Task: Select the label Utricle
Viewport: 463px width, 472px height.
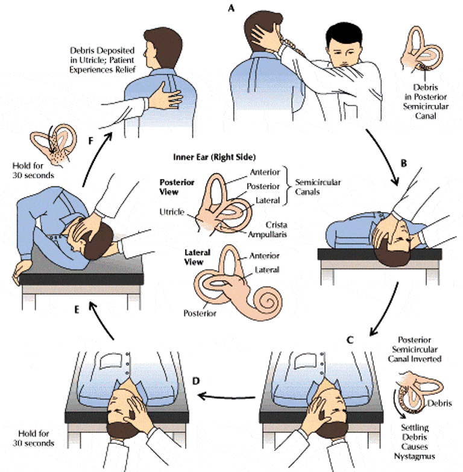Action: pyautogui.click(x=171, y=212)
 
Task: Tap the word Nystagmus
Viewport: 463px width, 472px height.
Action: pyautogui.click(x=418, y=456)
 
